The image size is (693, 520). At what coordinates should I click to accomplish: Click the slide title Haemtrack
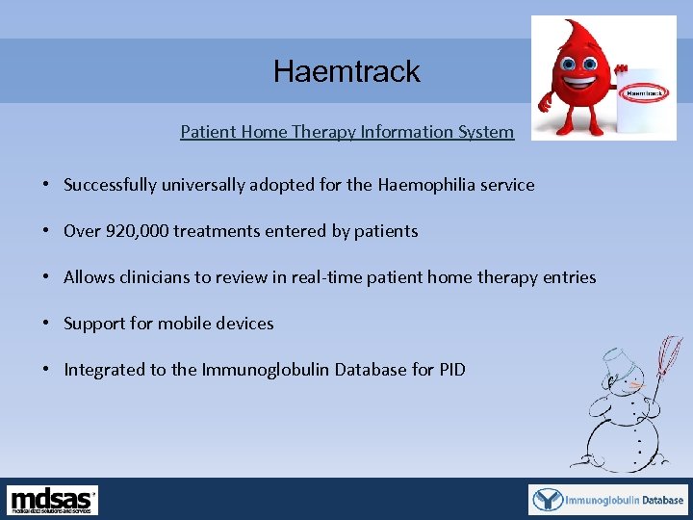pyautogui.click(x=346, y=71)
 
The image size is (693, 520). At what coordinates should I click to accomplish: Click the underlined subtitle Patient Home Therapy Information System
pyautogui.click(x=346, y=132)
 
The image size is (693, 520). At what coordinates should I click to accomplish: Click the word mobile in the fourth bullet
pyautogui.click(x=183, y=324)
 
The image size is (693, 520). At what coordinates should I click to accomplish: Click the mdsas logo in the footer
pyautogui.click(x=53, y=500)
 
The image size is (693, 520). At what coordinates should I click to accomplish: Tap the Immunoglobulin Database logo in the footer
pyautogui.click(x=608, y=500)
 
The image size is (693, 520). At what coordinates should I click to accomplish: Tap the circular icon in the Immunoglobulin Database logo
pyautogui.click(x=549, y=500)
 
